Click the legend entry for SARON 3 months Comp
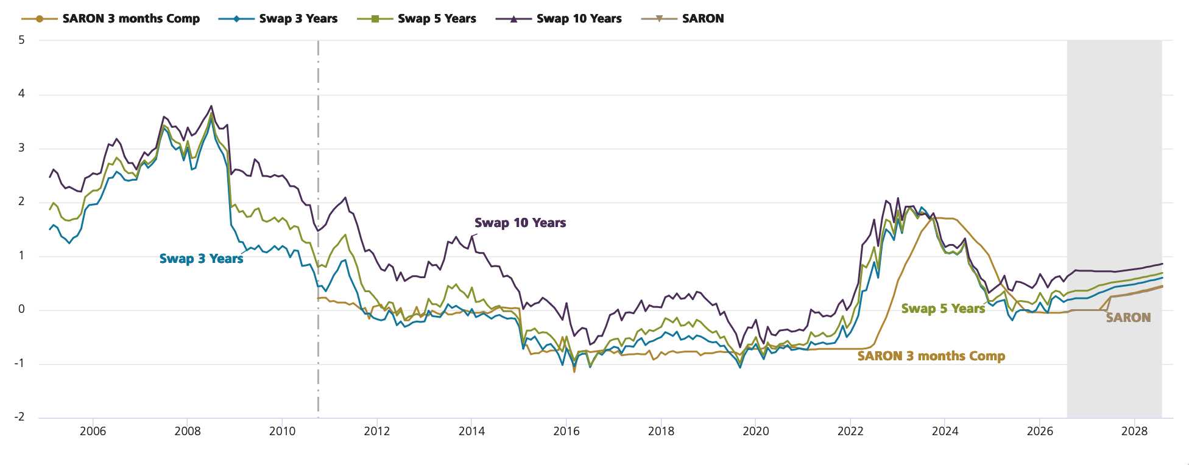pos(111,19)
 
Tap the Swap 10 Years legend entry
pos(559,19)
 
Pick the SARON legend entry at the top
pos(683,19)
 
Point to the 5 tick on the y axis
pos(22,40)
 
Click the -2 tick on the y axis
pos(20,417)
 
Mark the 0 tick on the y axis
pos(22,309)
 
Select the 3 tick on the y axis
pos(22,148)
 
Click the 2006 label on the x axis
pos(93,432)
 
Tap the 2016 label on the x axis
pos(566,432)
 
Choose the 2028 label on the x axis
pos(1135,432)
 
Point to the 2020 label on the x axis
pos(756,432)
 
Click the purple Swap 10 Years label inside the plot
pos(520,223)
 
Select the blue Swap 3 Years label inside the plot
pos(202,259)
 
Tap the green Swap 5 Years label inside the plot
pos(943,309)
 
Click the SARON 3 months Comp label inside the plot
pos(931,356)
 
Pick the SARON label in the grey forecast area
pos(1129,317)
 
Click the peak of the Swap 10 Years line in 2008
pos(211,105)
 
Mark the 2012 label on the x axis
pos(377,432)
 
